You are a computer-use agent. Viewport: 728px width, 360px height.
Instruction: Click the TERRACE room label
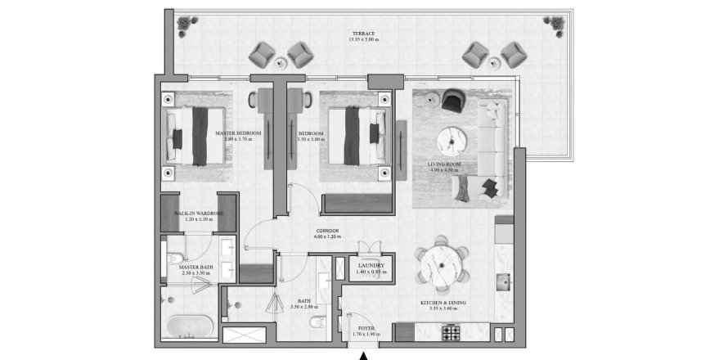point(360,34)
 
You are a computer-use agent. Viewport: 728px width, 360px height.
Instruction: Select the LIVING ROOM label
point(445,164)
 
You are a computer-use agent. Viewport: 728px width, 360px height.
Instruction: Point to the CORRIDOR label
point(327,231)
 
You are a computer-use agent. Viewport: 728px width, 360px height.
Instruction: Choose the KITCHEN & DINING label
point(443,303)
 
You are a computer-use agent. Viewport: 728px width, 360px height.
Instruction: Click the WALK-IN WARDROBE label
point(193,214)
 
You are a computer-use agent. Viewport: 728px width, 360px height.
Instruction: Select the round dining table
point(442,263)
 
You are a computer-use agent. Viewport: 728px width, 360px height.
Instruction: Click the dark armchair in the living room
point(452,100)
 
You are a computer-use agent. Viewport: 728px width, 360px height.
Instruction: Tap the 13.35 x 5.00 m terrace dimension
point(360,40)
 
